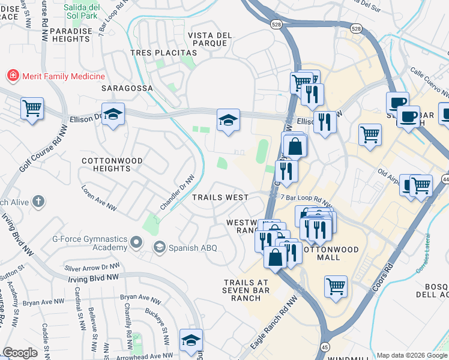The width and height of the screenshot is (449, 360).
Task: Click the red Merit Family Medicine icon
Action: [12, 76]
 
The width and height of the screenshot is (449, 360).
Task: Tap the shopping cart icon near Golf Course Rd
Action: [32, 109]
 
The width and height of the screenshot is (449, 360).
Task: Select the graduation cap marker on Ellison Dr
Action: [112, 115]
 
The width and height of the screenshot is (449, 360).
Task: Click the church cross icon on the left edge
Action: [38, 202]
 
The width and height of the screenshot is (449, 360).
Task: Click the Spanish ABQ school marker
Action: [159, 247]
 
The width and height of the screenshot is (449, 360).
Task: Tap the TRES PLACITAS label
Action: [155, 53]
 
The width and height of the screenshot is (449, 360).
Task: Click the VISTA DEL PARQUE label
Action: [209, 40]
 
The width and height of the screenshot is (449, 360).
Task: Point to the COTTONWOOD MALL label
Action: [329, 253]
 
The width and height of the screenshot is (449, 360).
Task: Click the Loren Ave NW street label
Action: [100, 198]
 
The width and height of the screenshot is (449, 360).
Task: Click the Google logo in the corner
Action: [20, 352]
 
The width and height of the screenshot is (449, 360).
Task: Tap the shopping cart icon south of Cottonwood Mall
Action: [336, 286]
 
